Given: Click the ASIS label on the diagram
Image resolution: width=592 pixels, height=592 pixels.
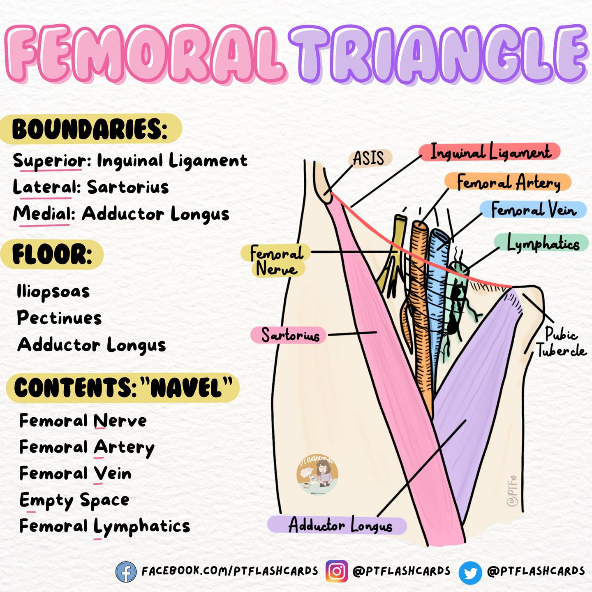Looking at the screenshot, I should tap(369, 158).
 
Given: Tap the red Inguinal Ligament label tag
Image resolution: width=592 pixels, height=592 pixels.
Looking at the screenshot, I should tap(490, 152).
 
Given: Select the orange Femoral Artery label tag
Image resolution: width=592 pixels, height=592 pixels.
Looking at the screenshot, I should tap(509, 182).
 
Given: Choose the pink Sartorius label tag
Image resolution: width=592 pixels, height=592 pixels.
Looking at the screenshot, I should tap(289, 335).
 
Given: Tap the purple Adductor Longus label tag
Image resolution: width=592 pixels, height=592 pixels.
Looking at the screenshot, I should tap(340, 525).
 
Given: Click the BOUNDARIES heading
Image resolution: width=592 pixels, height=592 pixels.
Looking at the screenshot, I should tap(90, 129).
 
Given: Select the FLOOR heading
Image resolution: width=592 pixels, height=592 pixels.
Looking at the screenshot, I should tap(52, 254).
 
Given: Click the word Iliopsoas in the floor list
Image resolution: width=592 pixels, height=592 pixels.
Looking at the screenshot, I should tap(53, 292).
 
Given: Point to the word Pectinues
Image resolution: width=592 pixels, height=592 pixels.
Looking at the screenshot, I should tap(59, 318).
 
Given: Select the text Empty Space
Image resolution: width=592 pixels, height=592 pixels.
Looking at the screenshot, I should tap(74, 500).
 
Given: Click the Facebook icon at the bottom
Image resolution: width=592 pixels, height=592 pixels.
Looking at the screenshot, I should tap(126, 571).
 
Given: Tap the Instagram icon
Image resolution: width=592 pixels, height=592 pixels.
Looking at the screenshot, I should tap(337, 571).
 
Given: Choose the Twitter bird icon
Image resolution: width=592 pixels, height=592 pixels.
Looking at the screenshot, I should tap(470, 572).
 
